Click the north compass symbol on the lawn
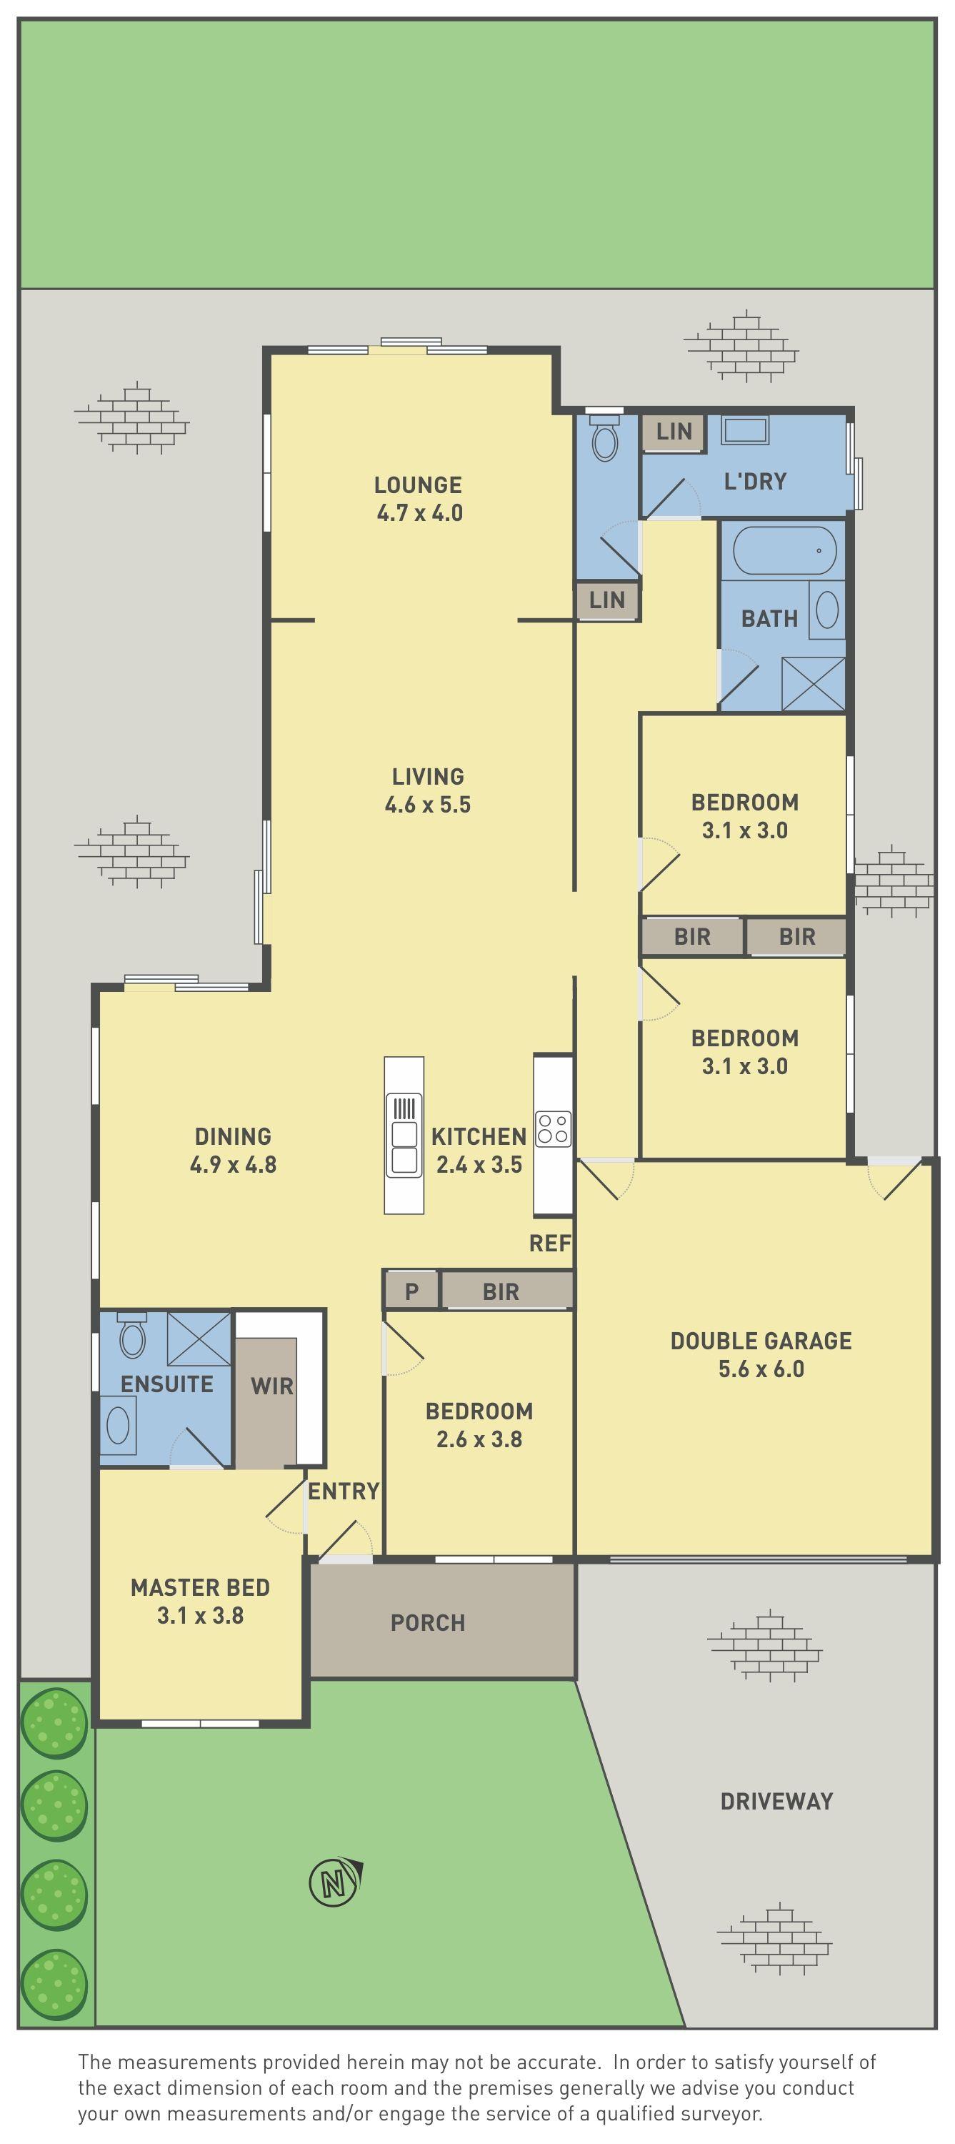(x=334, y=1882)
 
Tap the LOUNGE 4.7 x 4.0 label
(x=419, y=499)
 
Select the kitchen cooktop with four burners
(x=553, y=1128)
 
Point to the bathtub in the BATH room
(x=784, y=551)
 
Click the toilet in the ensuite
(x=133, y=1336)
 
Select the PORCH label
(x=428, y=1622)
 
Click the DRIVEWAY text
(x=776, y=1802)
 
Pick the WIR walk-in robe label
(x=272, y=1386)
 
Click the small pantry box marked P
(x=411, y=1291)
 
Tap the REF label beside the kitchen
(x=550, y=1244)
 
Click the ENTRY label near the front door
(x=344, y=1491)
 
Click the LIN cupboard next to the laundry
(x=673, y=432)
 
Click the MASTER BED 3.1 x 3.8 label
(x=200, y=1601)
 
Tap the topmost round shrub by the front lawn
(x=54, y=1723)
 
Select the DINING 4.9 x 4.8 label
(x=233, y=1150)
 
